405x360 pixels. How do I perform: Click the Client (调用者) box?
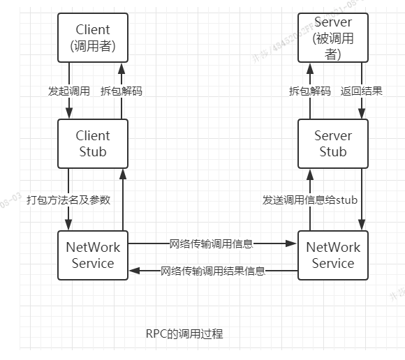click(93, 38)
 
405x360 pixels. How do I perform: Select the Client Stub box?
click(93, 143)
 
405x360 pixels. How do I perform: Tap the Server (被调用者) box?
click(332, 38)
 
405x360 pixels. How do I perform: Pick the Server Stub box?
click(332, 143)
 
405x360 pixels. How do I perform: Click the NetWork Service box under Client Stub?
click(93, 255)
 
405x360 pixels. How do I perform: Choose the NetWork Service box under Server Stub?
click(332, 255)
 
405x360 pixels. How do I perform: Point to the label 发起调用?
click(68, 91)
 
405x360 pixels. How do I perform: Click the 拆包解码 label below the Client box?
click(120, 91)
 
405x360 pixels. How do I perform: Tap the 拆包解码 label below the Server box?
click(309, 91)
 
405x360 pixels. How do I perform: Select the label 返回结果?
click(361, 91)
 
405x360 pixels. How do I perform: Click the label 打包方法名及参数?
click(68, 200)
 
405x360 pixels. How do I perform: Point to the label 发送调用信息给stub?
click(310, 200)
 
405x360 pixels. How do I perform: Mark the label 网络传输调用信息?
click(211, 243)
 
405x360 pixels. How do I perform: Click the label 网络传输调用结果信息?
click(213, 271)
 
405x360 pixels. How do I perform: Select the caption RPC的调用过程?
click(184, 333)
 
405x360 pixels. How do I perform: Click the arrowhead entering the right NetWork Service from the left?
click(294, 243)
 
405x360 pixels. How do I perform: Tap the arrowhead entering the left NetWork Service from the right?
click(133, 271)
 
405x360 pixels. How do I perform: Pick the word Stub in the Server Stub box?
click(332, 151)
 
